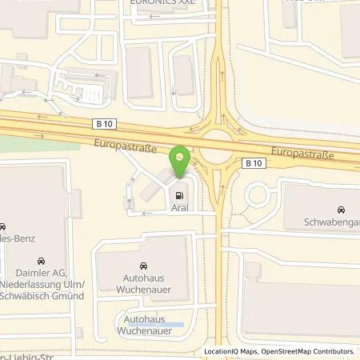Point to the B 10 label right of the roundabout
click(x=254, y=163)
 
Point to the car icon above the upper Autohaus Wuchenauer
click(x=142, y=265)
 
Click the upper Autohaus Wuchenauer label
click(x=142, y=283)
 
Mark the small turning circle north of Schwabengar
click(x=258, y=194)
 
